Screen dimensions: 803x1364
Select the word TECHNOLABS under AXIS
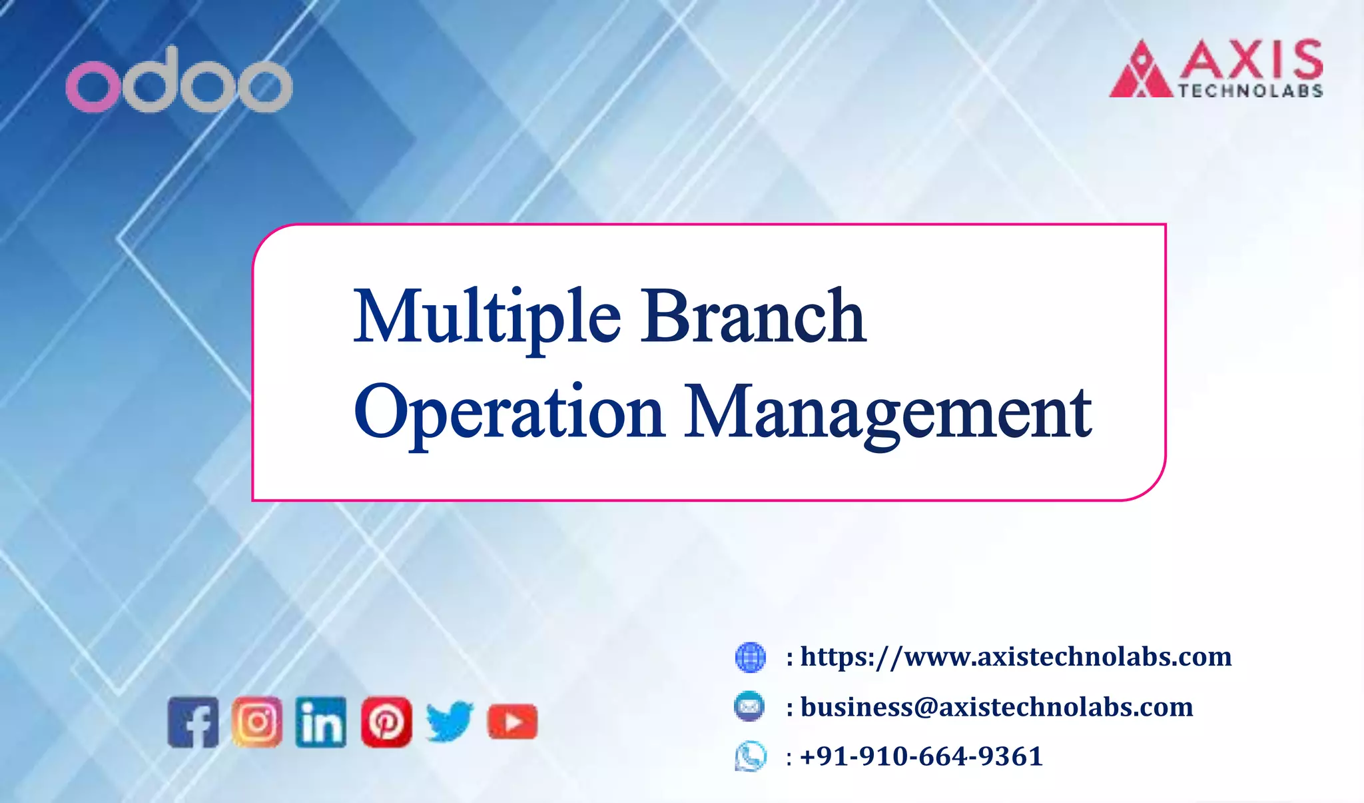(x=1250, y=91)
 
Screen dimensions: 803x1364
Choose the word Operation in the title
(x=510, y=412)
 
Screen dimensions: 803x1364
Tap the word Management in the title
(x=888, y=414)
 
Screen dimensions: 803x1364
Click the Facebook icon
(x=193, y=722)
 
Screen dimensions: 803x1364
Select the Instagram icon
(x=257, y=722)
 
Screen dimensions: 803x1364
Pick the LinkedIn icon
(x=321, y=722)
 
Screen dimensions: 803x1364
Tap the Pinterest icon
(x=386, y=722)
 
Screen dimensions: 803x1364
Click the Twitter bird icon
(x=450, y=722)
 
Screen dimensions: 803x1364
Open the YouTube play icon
(x=512, y=722)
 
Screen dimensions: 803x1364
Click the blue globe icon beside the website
(x=750, y=657)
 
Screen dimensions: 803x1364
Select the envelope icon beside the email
(x=749, y=706)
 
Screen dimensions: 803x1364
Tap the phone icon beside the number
(x=751, y=756)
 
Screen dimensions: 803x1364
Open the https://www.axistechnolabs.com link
(x=1016, y=657)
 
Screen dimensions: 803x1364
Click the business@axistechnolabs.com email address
(x=996, y=707)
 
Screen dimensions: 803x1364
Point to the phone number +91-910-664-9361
(x=921, y=756)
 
